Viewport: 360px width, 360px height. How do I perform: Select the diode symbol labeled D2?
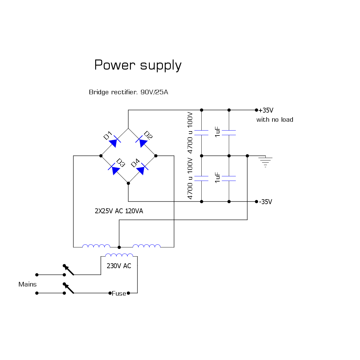coord(142,142)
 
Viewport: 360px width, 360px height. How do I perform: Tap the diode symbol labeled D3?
coord(114,170)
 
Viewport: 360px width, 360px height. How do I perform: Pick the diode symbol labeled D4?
coord(142,169)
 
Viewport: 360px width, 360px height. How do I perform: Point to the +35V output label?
coord(266,110)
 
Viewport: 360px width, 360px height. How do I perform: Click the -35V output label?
coord(265,202)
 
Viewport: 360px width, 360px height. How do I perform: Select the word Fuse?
coord(119,293)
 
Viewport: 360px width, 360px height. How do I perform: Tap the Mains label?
coord(27,284)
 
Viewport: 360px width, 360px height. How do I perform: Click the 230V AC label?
coord(119,266)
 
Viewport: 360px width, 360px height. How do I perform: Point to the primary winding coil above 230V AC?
coord(119,255)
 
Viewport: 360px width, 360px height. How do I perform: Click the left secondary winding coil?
coord(96,246)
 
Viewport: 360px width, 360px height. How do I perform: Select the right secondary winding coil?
coord(146,246)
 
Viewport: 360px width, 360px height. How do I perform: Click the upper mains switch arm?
coord(69,270)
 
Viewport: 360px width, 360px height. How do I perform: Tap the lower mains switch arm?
coord(69,289)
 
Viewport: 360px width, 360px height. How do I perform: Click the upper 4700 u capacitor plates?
coord(201,133)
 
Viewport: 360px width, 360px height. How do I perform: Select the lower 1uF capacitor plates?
coord(229,178)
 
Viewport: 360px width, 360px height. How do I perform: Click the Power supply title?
coord(138,65)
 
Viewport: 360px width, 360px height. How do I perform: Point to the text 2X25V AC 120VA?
coord(119,211)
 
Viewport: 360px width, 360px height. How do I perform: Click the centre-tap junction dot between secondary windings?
coord(119,247)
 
